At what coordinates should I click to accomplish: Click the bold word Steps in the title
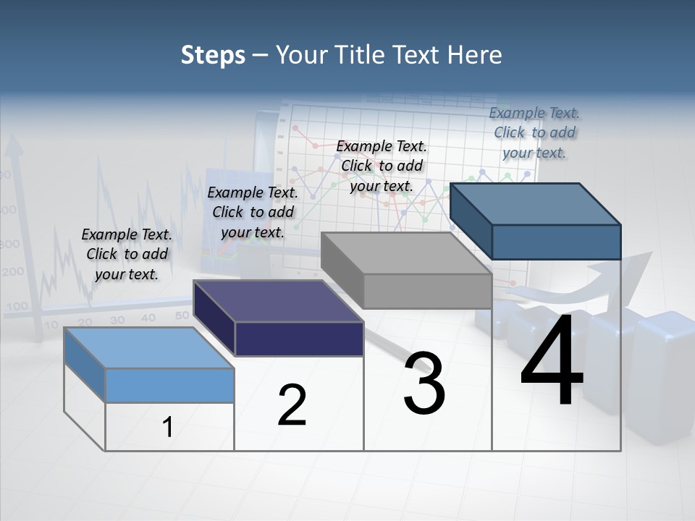click(213, 55)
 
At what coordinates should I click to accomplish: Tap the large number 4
click(552, 360)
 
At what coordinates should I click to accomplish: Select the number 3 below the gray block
click(424, 384)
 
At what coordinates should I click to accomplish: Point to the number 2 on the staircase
click(292, 405)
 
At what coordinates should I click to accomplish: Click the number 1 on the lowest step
click(168, 428)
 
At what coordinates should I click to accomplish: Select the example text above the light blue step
click(127, 254)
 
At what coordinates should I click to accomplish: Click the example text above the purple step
click(253, 212)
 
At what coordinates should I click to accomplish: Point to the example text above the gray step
click(382, 166)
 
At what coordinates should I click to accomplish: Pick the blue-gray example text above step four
click(534, 132)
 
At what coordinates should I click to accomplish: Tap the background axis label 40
click(148, 318)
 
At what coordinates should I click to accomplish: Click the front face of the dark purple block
click(299, 339)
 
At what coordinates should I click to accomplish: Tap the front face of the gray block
click(427, 291)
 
